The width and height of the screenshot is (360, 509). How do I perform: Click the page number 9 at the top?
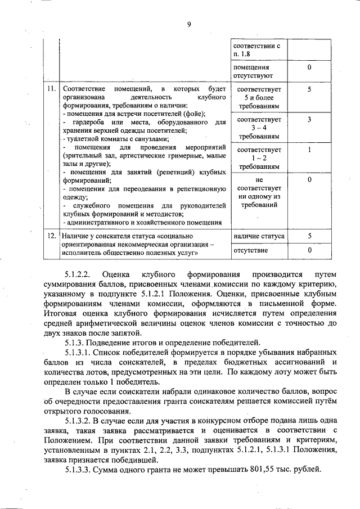tap(189, 24)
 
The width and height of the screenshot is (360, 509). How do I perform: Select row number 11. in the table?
tap(51, 89)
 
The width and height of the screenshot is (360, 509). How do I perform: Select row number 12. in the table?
tap(51, 236)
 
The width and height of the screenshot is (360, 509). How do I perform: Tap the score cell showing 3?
tap(309, 120)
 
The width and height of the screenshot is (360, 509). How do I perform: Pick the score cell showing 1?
tap(309, 150)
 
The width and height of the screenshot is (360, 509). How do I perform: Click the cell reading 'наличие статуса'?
tap(258, 236)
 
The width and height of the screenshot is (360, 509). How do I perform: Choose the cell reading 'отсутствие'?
tap(251, 250)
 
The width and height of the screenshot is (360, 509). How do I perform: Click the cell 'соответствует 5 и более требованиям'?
tap(258, 97)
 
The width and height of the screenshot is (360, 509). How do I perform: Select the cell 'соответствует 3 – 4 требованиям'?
tap(258, 128)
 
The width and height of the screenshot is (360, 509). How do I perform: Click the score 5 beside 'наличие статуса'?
tap(309, 236)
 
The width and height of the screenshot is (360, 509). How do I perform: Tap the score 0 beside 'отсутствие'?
tap(309, 250)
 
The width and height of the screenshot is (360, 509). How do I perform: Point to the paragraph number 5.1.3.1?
tap(82, 352)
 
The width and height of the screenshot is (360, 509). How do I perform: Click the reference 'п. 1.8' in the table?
tap(242, 54)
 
